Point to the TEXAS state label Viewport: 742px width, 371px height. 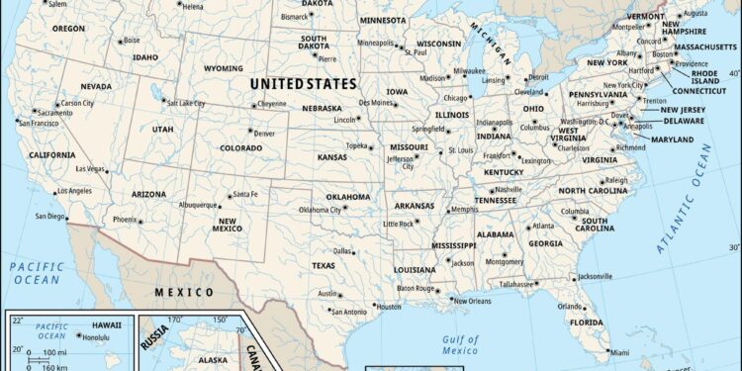click(x=324, y=265)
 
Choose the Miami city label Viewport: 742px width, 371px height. click(x=619, y=352)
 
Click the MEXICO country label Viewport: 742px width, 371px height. click(x=184, y=293)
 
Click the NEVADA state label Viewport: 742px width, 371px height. click(x=95, y=86)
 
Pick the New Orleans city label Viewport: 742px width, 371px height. click(x=472, y=301)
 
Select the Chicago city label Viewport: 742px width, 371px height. click(x=455, y=98)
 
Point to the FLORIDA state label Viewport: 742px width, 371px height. click(x=586, y=323)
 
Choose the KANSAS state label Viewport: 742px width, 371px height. click(x=331, y=157)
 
